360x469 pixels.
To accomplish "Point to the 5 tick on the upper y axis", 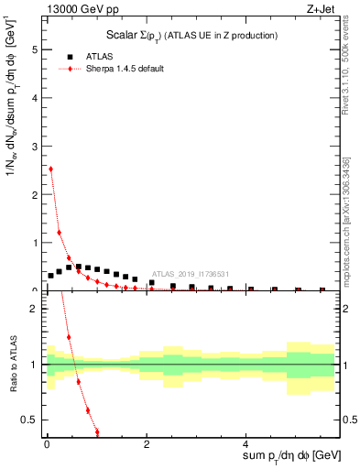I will [x=36, y=49].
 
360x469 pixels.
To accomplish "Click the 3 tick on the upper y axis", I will [x=36, y=146].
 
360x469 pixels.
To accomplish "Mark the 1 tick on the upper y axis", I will [x=36, y=243].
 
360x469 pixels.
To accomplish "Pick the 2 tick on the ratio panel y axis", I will [x=36, y=308].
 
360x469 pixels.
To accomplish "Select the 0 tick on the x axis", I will [x=47, y=444].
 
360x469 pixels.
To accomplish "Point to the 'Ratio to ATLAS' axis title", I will [x=13, y=365].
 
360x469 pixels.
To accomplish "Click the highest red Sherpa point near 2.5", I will [x=50, y=169].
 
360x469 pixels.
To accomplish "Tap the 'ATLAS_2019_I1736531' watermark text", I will [x=190, y=272].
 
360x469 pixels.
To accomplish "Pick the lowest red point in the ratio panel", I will [x=97, y=431].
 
